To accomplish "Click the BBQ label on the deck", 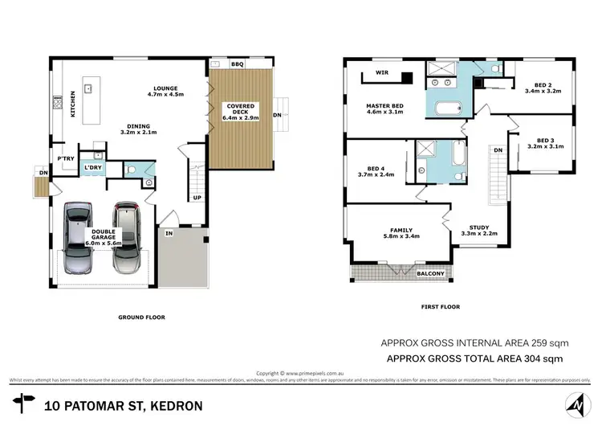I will (x=237, y=63).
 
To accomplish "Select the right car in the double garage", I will (x=126, y=239).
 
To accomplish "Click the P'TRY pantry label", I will (x=66, y=158).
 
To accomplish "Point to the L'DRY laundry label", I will (x=95, y=167).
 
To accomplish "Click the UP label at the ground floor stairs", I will (x=197, y=197).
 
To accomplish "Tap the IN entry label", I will (x=169, y=233).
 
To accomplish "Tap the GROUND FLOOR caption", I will (x=141, y=317).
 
